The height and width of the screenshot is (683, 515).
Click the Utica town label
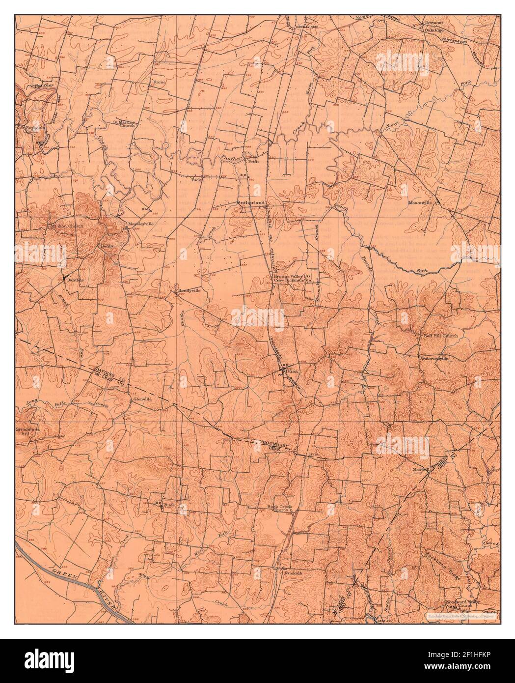(x=292, y=371)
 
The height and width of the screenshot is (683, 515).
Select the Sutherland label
(x=251, y=202)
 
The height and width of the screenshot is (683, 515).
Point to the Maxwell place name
(x=421, y=469)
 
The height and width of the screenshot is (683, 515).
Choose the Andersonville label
(x=434, y=359)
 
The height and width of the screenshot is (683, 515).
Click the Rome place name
(x=160, y=82)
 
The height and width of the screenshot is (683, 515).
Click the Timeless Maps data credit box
(x=461, y=615)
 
